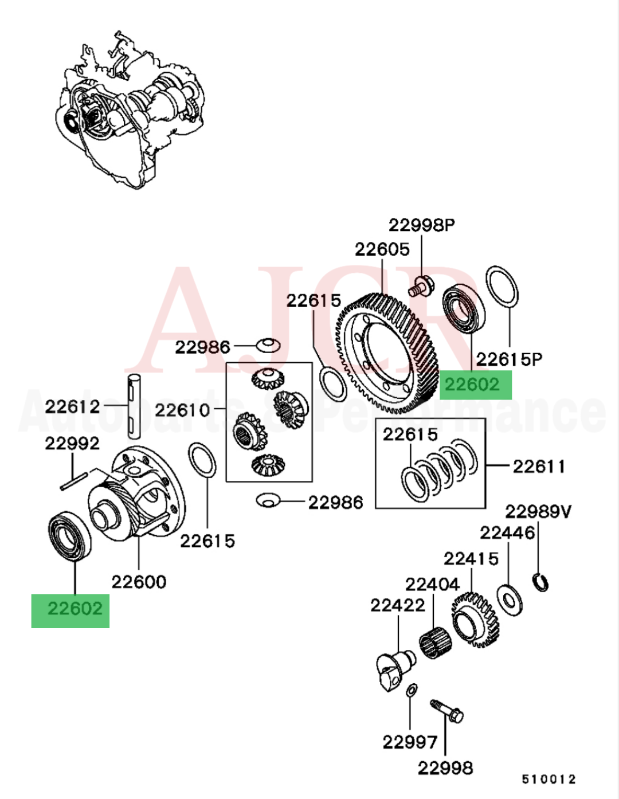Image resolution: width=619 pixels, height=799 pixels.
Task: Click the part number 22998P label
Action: click(x=421, y=225)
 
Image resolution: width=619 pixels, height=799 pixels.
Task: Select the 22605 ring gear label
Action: click(x=382, y=249)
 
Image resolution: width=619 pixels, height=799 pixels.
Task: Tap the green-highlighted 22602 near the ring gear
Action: click(x=475, y=384)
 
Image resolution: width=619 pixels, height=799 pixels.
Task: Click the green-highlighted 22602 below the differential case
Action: click(x=70, y=609)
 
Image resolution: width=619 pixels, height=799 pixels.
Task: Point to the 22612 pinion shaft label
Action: click(x=72, y=406)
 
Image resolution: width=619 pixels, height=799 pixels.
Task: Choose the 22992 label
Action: click(x=72, y=443)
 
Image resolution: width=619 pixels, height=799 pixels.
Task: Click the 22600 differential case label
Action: click(x=139, y=582)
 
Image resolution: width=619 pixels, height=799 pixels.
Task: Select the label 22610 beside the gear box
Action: click(x=183, y=410)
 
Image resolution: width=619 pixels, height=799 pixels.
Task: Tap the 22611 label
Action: click(x=539, y=467)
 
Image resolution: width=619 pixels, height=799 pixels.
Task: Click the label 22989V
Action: click(x=538, y=511)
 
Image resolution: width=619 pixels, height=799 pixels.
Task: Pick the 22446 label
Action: click(x=507, y=533)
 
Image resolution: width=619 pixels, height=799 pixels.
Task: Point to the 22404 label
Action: click(x=432, y=585)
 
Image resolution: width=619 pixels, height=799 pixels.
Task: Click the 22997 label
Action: click(x=410, y=742)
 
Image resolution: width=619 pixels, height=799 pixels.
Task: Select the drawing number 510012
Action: click(x=549, y=779)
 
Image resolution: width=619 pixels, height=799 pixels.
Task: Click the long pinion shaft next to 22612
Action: click(x=134, y=406)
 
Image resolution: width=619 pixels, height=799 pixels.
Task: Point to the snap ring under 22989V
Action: click(x=540, y=582)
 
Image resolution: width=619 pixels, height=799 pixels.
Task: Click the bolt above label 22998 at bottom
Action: click(x=447, y=711)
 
